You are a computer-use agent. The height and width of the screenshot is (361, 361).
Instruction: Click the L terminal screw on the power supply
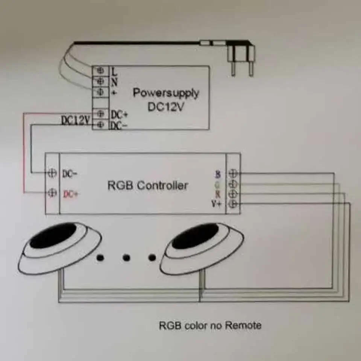[x=101, y=70]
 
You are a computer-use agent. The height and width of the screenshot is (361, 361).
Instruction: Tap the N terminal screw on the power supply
[x=101, y=80]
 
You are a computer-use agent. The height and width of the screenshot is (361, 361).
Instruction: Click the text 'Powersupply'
[x=165, y=93]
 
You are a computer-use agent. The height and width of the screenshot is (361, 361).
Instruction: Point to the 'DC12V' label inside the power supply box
[x=165, y=107]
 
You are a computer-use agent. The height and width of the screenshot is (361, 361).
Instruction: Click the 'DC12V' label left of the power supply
[x=76, y=120]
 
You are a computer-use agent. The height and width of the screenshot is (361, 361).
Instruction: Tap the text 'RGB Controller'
[x=148, y=185]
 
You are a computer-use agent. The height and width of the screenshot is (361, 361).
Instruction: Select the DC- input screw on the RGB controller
[x=53, y=173]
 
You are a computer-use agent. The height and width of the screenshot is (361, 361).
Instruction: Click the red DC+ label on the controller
[x=71, y=194]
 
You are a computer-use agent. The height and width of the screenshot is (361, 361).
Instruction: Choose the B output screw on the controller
[x=234, y=173]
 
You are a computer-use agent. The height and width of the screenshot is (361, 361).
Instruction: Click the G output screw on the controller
[x=234, y=184]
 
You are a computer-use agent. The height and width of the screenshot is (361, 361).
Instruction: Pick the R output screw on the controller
[x=234, y=194]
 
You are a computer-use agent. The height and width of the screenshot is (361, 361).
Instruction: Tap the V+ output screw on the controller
[x=234, y=204]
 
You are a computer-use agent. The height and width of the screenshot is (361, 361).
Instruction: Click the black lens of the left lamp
[x=53, y=235]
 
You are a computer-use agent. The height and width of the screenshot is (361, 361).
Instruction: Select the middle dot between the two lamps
[x=126, y=258]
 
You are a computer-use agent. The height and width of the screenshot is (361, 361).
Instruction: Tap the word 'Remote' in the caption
[x=243, y=325]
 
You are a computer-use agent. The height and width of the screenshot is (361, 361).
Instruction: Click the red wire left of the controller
[x=24, y=158]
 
